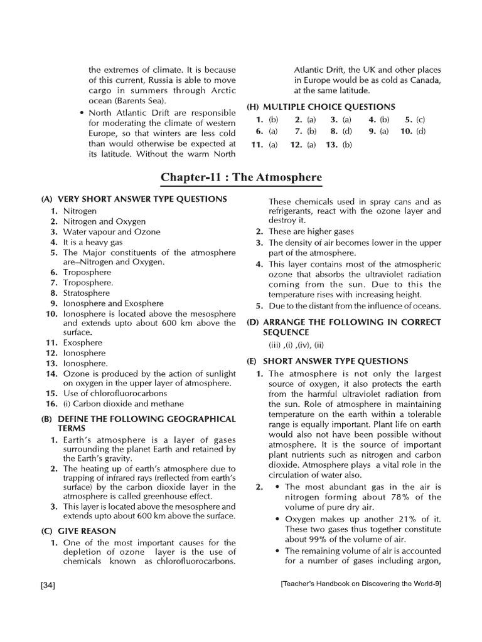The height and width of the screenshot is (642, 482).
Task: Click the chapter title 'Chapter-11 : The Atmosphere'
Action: pos(241,177)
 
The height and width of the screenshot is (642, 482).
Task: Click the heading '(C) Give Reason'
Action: pos(78,530)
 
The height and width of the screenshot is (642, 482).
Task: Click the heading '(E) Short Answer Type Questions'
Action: pos(327,361)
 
